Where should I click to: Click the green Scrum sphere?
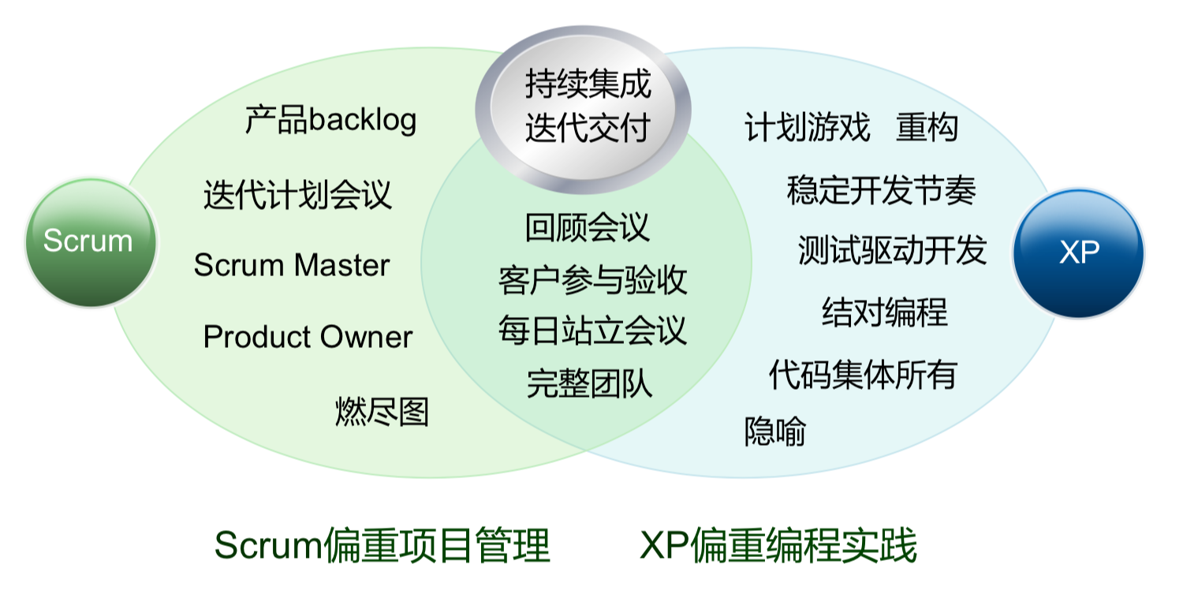click(90, 241)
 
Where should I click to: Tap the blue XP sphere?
click(1078, 253)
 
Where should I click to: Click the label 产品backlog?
click(330, 121)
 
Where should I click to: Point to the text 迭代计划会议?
click(297, 195)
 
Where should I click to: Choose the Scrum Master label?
click(292, 266)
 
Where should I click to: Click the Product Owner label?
click(308, 338)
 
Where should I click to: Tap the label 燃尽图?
click(382, 411)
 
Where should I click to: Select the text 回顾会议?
click(588, 227)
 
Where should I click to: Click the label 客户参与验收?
click(592, 280)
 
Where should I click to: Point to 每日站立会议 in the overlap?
click(592, 331)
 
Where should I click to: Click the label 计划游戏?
click(807, 127)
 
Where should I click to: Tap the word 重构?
click(927, 127)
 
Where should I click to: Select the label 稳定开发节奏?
click(881, 190)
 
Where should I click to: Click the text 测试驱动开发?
click(892, 250)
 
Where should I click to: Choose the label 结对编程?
click(884, 312)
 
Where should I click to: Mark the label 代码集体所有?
click(862, 374)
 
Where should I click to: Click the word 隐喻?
click(775, 432)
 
